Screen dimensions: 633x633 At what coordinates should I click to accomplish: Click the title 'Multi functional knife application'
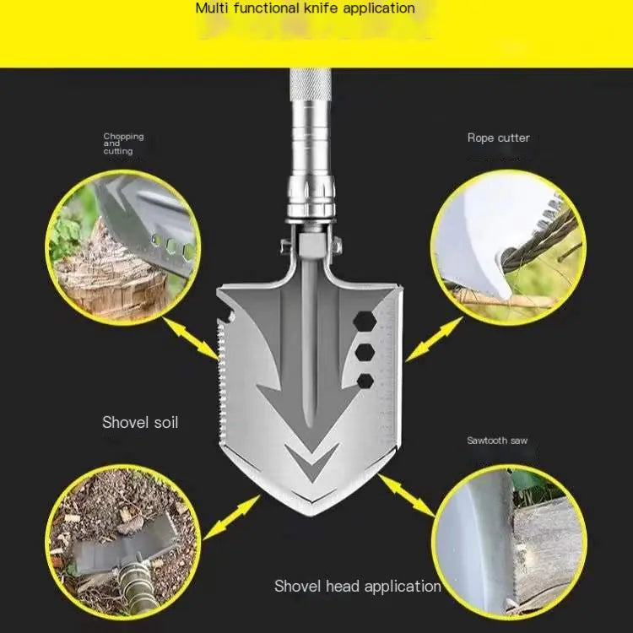coord(306,8)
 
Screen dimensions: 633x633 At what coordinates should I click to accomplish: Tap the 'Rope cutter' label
coord(499,138)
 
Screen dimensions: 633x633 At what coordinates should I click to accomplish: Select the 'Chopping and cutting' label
coord(123,143)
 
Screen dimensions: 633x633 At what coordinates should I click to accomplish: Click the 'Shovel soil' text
coord(140,422)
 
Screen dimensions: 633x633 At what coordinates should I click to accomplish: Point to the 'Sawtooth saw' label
coord(497,441)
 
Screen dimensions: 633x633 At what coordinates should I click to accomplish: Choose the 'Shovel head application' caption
coord(357,586)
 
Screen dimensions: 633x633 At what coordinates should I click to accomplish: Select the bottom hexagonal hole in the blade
coord(365,381)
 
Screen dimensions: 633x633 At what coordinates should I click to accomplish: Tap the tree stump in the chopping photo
coord(110,270)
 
